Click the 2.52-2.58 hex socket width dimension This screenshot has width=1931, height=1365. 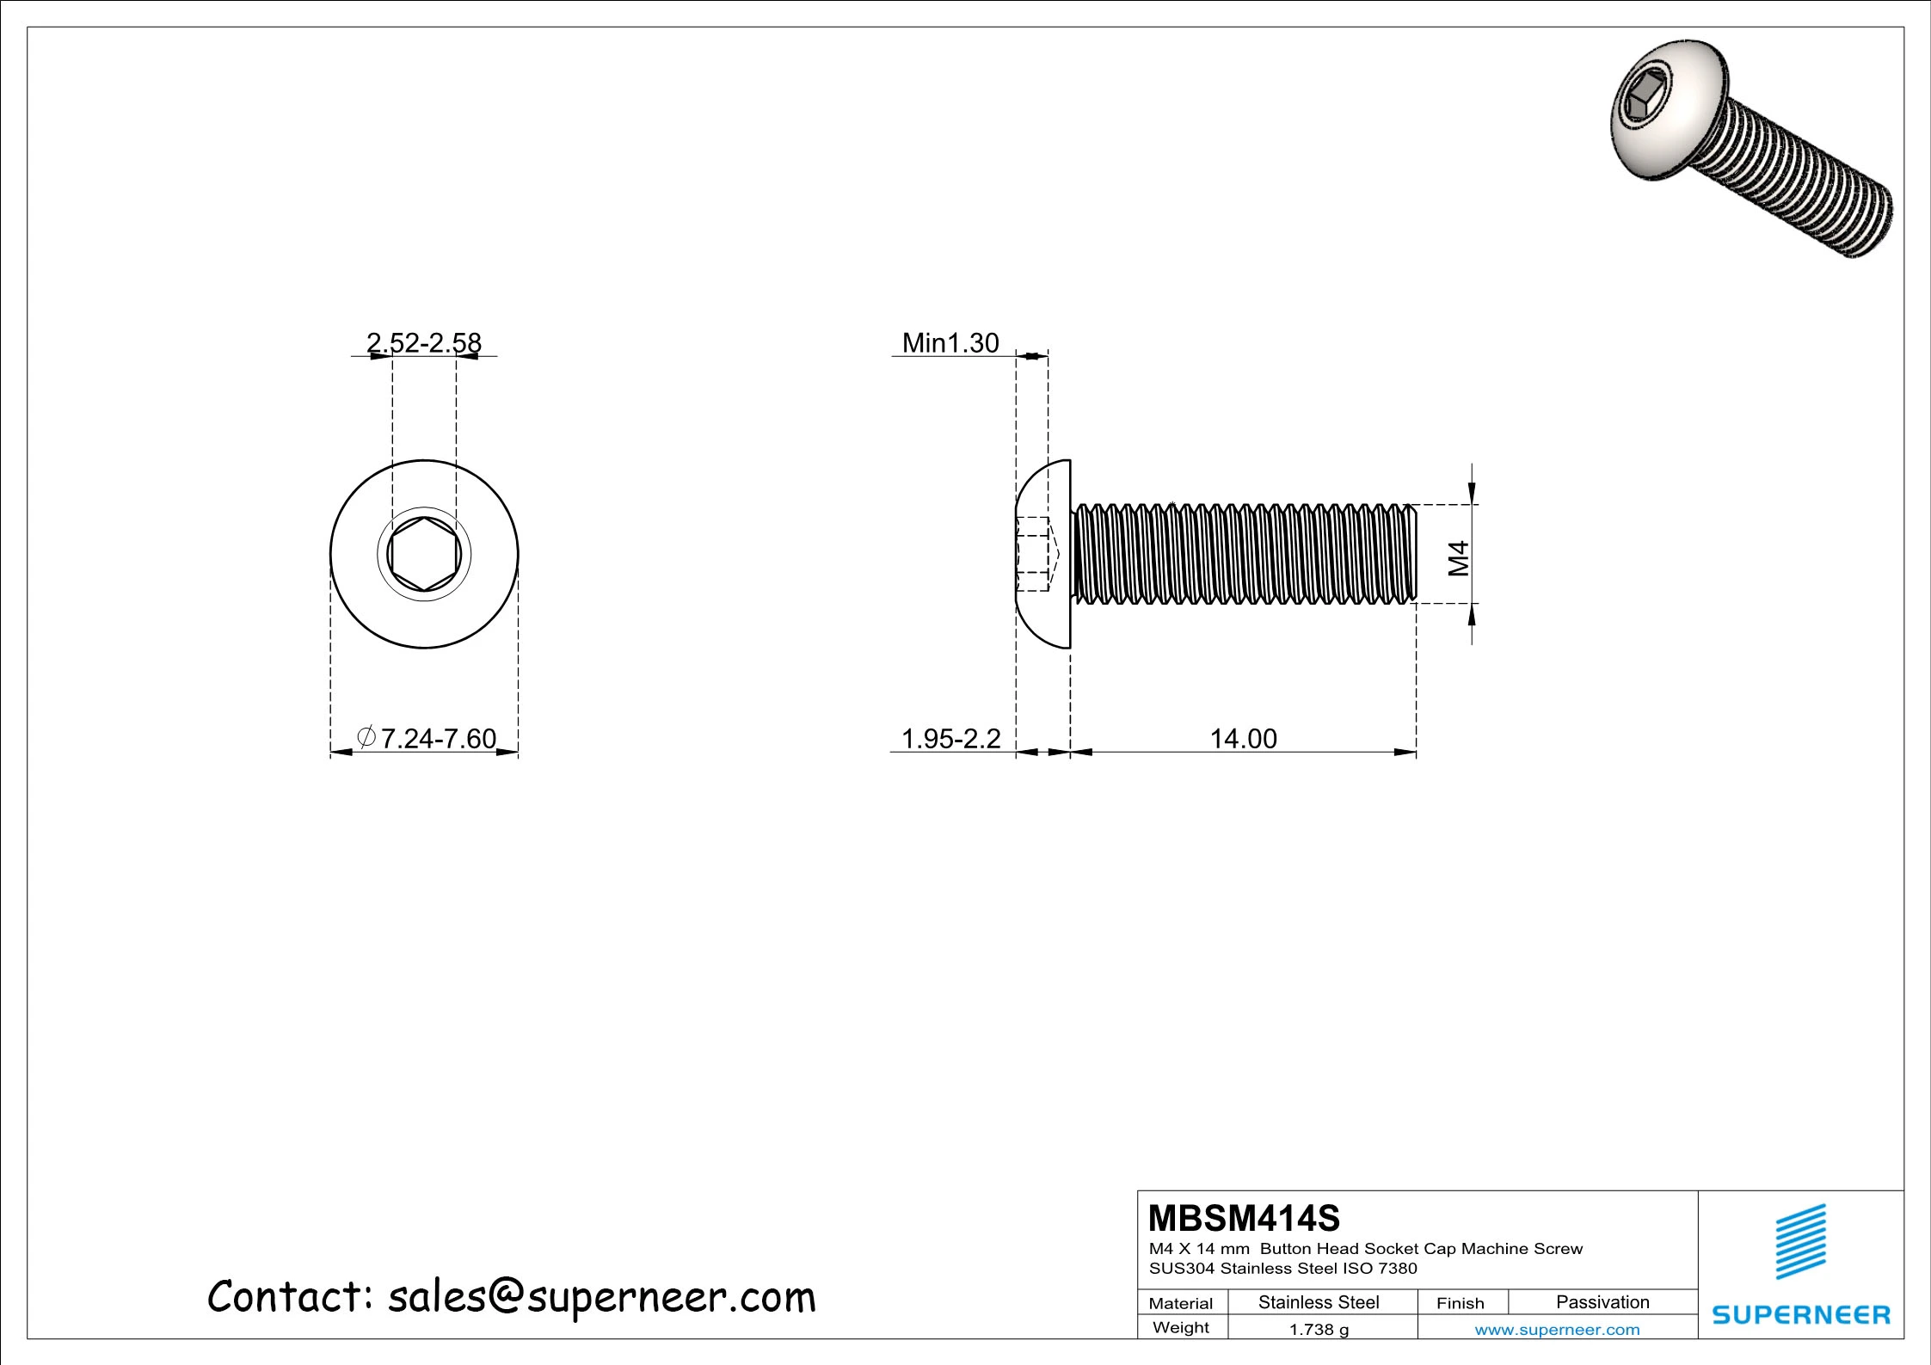pyautogui.click(x=424, y=342)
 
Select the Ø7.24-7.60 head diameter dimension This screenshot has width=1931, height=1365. pyautogui.click(x=427, y=738)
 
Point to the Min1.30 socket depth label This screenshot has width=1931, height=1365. pyautogui.click(x=950, y=343)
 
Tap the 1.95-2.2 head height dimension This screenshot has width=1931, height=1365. pyautogui.click(x=950, y=738)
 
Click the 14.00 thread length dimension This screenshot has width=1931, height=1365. pyautogui.click(x=1243, y=738)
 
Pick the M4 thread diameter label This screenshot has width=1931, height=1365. pyautogui.click(x=1458, y=558)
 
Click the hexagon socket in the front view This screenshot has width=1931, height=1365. pyautogui.click(x=424, y=555)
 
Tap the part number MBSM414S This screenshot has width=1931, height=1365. pyautogui.click(x=1244, y=1218)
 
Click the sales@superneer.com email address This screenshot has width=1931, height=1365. pyautogui.click(x=601, y=1296)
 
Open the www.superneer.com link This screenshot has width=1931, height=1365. pyautogui.click(x=1557, y=1330)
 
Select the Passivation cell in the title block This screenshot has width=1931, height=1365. pyautogui.click(x=1602, y=1302)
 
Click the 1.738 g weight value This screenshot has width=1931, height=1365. pyautogui.click(x=1319, y=1330)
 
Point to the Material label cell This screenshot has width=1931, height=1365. pyautogui.click(x=1181, y=1303)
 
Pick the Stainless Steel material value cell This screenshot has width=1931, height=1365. pyautogui.click(x=1319, y=1302)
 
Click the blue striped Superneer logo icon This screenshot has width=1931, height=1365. pyautogui.click(x=1801, y=1241)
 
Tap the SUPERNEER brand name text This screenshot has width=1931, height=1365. pyautogui.click(x=1801, y=1314)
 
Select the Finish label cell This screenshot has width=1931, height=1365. pyautogui.click(x=1460, y=1303)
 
